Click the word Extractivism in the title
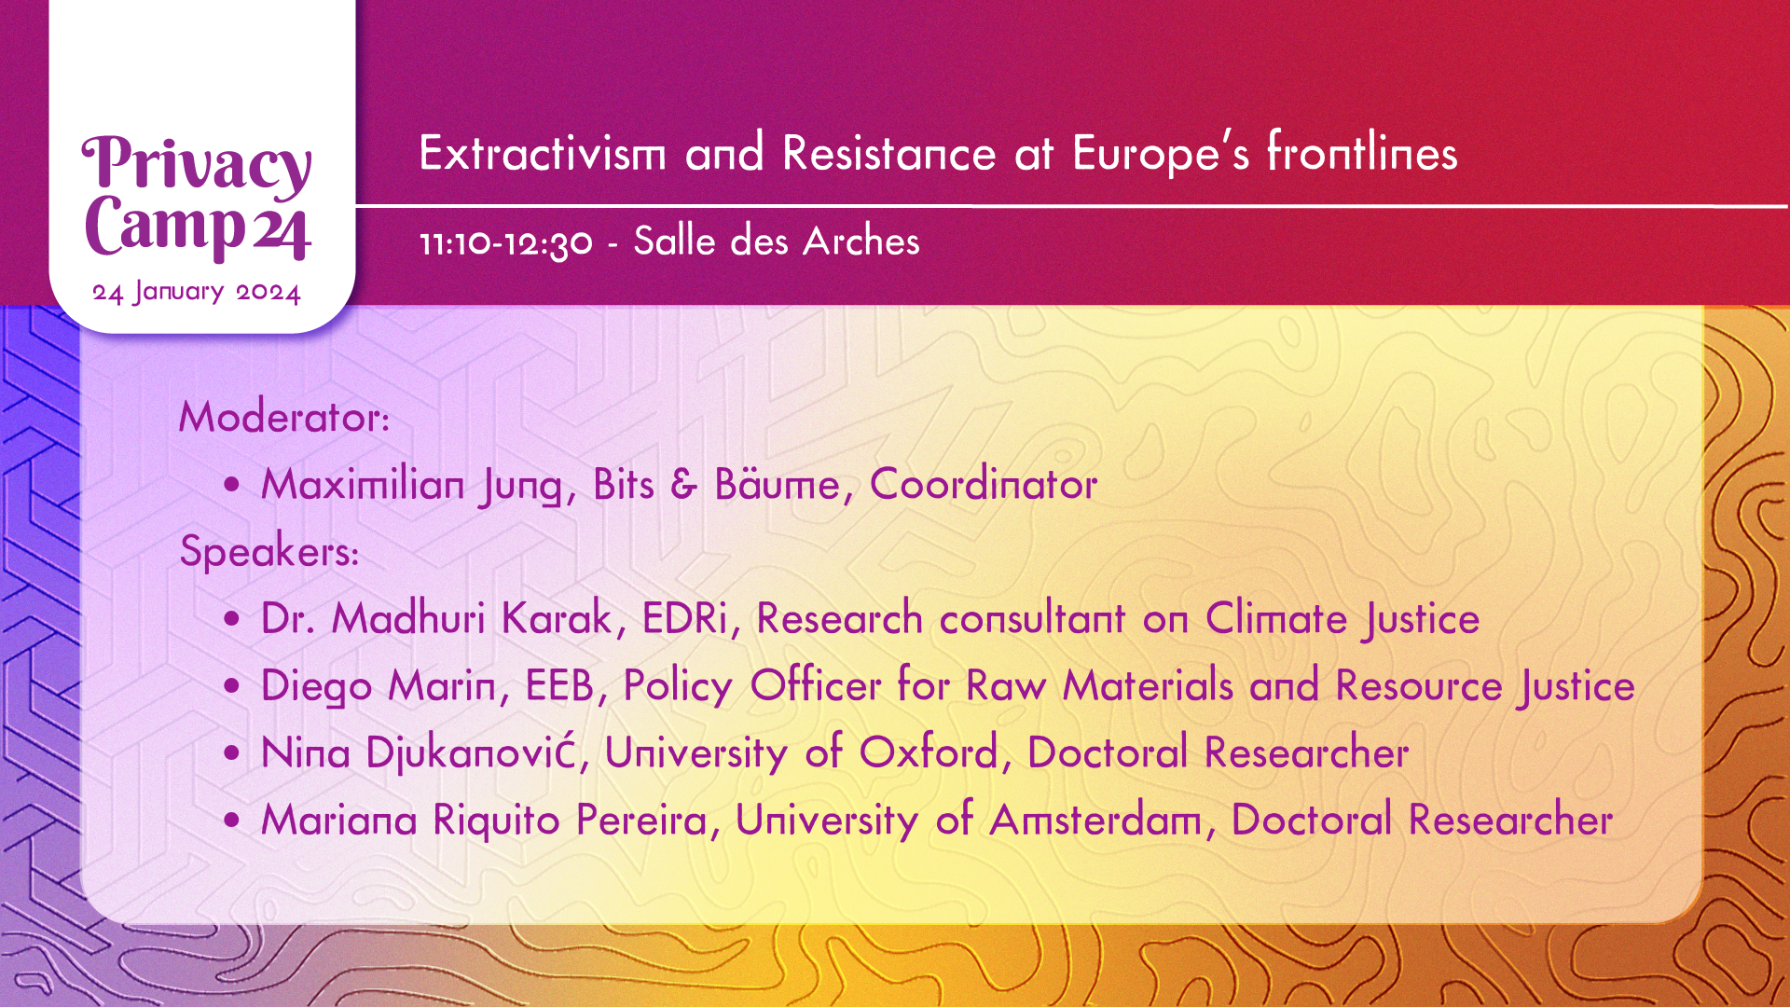(x=543, y=153)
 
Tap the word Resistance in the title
(x=889, y=153)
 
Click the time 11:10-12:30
(x=506, y=243)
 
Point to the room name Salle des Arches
(x=777, y=241)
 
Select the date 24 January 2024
(x=197, y=293)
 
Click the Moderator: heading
(x=284, y=417)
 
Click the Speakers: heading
(x=269, y=551)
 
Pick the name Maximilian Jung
(x=412, y=485)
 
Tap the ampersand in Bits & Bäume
(x=683, y=485)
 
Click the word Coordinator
(x=984, y=484)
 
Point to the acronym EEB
(x=559, y=685)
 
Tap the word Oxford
(x=929, y=752)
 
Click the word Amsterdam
(x=1096, y=821)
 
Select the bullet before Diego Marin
(x=232, y=687)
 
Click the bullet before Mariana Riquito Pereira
(x=232, y=821)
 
